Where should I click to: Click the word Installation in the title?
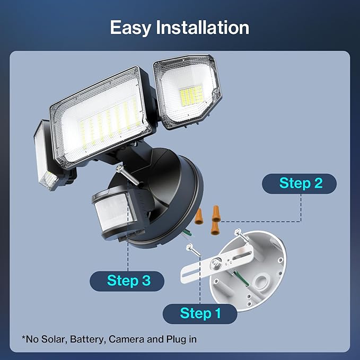[x=203, y=28]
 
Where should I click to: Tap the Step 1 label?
[x=200, y=313]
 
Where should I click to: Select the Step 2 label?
[x=300, y=183]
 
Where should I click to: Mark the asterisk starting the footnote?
[x=24, y=337]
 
